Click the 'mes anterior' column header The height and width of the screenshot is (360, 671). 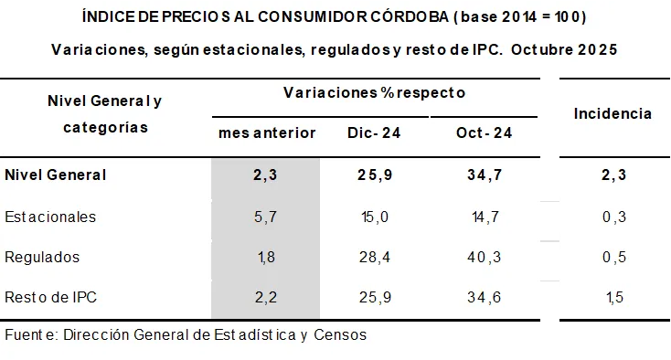click(x=266, y=133)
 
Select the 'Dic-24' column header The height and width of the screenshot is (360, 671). click(x=374, y=133)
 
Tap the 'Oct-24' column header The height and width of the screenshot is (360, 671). click(x=484, y=133)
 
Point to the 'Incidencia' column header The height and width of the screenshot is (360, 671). click(x=612, y=113)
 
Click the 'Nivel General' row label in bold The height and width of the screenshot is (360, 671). click(x=56, y=175)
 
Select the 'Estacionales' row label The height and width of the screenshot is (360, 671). click(x=50, y=217)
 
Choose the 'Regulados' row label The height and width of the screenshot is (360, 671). click(x=42, y=257)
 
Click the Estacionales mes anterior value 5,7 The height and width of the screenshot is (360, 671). click(x=265, y=217)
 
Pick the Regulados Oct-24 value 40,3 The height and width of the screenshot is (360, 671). click(x=484, y=257)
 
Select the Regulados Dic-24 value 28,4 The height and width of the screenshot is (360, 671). click(x=374, y=257)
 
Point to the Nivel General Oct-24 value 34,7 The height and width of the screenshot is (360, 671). click(x=484, y=175)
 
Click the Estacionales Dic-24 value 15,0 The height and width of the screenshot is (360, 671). click(x=374, y=217)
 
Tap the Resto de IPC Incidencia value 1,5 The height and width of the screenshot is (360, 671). click(x=613, y=297)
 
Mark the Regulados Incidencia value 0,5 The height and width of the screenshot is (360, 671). click(x=613, y=257)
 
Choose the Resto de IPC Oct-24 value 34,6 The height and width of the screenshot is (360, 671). click(x=484, y=297)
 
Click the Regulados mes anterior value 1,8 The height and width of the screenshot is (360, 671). click(x=265, y=257)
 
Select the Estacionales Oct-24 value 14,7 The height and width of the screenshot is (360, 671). click(x=484, y=217)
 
